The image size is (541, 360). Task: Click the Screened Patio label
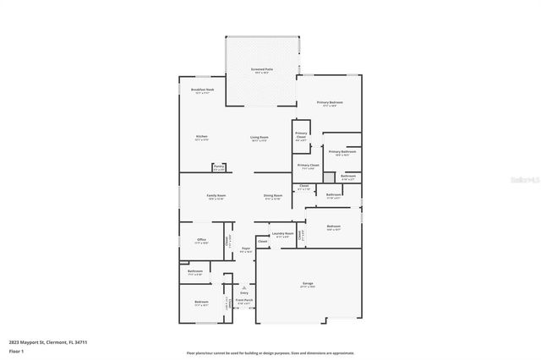pyautogui.click(x=260, y=69)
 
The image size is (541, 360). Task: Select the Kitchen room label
pyautogui.click(x=202, y=137)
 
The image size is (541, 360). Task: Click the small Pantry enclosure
pyautogui.click(x=218, y=167)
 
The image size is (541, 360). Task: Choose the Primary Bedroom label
pyautogui.click(x=329, y=103)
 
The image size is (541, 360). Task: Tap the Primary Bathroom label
pyautogui.click(x=341, y=152)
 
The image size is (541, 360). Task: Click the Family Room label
pyautogui.click(x=216, y=196)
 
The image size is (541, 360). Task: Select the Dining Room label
pyautogui.click(x=272, y=196)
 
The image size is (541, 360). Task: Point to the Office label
pyautogui.click(x=202, y=240)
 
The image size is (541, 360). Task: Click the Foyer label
pyautogui.click(x=245, y=249)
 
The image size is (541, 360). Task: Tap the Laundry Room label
pyautogui.click(x=282, y=233)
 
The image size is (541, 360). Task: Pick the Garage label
pyautogui.click(x=307, y=285)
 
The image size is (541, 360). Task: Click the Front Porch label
pyautogui.click(x=243, y=300)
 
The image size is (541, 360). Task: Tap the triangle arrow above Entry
pyautogui.click(x=243, y=287)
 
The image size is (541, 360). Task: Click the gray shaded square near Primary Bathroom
pyautogui.click(x=329, y=178)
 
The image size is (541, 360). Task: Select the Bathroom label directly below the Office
pyautogui.click(x=194, y=272)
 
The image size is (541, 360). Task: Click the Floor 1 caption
pyautogui.click(x=15, y=350)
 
